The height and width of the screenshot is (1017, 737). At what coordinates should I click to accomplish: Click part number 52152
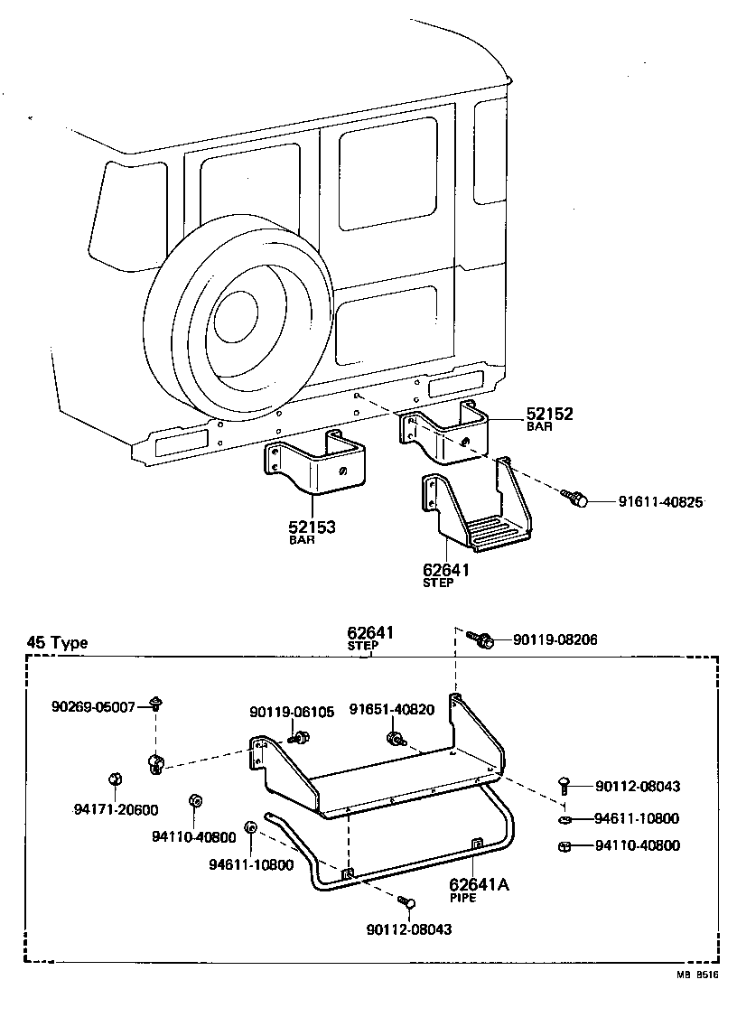(x=550, y=415)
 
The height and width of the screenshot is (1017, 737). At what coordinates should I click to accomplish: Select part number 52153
(x=313, y=527)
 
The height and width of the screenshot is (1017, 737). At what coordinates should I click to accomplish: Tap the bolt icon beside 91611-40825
(x=574, y=498)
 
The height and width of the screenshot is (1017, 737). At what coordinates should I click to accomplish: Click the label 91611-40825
(x=660, y=502)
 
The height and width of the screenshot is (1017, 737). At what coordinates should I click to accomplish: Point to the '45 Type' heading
(x=57, y=643)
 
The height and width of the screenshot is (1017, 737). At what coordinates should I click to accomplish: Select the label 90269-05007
(x=93, y=706)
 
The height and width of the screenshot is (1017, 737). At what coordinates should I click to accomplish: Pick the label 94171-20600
(x=116, y=809)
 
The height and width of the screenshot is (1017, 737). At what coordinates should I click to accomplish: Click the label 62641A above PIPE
(x=480, y=885)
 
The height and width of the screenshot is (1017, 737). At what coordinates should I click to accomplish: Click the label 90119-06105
(x=293, y=713)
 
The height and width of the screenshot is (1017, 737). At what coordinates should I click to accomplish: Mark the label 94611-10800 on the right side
(x=637, y=819)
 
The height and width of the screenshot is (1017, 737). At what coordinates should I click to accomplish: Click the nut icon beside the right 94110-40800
(x=564, y=846)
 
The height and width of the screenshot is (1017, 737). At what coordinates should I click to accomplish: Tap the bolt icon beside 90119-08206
(x=480, y=639)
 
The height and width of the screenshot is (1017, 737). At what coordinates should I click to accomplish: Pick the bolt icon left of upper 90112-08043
(x=565, y=783)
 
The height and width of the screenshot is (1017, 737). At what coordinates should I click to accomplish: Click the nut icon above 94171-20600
(x=116, y=779)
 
